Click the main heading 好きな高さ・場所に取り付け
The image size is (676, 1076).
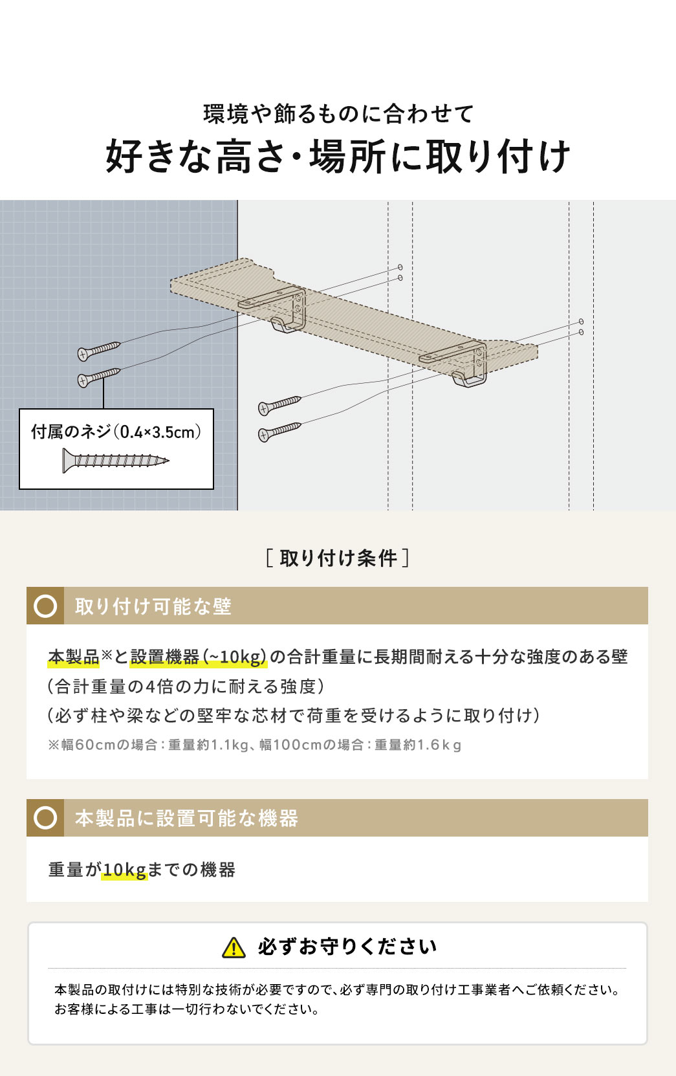point(338,157)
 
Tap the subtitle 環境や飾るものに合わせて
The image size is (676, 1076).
point(338,115)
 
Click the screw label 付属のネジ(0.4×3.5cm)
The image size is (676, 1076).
point(116,432)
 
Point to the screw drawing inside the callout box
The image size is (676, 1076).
point(116,461)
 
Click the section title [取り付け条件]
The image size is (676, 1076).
point(338,558)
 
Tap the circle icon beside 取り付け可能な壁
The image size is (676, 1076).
point(45,606)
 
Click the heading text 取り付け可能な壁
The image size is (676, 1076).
point(153,606)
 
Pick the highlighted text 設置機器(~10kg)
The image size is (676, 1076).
point(199,657)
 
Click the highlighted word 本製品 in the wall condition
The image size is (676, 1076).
point(73,657)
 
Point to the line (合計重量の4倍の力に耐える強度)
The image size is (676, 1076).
point(186,686)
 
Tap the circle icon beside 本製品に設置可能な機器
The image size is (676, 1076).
point(45,818)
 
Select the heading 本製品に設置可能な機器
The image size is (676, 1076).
point(186,818)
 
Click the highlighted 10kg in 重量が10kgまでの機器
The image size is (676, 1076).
point(125,870)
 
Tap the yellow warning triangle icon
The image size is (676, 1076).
point(234,948)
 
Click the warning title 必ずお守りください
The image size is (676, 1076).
point(347,947)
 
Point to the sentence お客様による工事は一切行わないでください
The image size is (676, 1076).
point(188,1009)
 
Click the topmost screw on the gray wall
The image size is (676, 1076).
point(99,351)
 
